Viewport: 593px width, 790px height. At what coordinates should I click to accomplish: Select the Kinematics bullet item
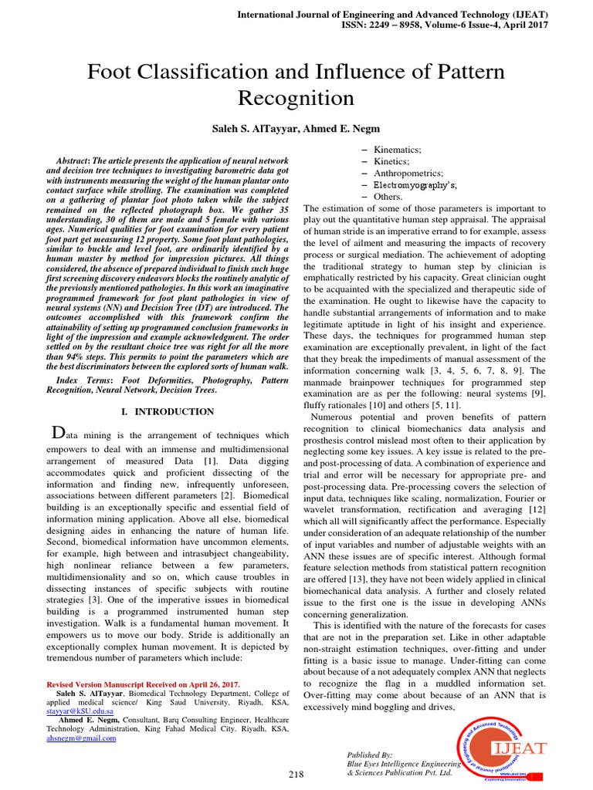397,149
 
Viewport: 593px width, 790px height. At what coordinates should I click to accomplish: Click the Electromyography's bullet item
415,185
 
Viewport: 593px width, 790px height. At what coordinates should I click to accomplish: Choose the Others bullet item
388,197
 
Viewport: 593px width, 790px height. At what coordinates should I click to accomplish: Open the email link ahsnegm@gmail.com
81,738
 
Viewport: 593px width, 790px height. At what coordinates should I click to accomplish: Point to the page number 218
296,774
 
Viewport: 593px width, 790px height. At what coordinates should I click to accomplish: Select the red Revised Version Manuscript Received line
144,684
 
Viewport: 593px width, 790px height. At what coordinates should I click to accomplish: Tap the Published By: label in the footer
370,754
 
